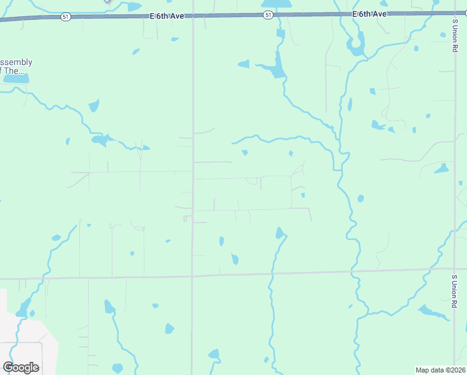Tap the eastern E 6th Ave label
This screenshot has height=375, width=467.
point(370,13)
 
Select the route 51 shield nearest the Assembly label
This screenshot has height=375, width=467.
point(66,17)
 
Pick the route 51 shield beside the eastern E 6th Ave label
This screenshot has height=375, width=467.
point(268,14)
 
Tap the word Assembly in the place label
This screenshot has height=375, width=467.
point(16,62)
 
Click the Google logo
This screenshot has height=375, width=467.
point(21,367)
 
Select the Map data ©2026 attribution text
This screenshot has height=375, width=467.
point(440,370)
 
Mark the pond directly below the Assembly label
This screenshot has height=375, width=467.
point(16,79)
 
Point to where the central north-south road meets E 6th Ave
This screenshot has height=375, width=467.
point(192,16)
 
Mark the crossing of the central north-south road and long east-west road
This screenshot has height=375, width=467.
point(192,276)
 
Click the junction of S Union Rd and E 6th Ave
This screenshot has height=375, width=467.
point(454,12)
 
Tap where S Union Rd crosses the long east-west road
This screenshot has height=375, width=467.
point(454,269)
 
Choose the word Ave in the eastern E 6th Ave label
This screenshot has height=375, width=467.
point(380,13)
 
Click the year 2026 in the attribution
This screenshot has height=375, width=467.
point(457,370)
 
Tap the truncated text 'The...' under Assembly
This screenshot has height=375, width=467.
point(16,71)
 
